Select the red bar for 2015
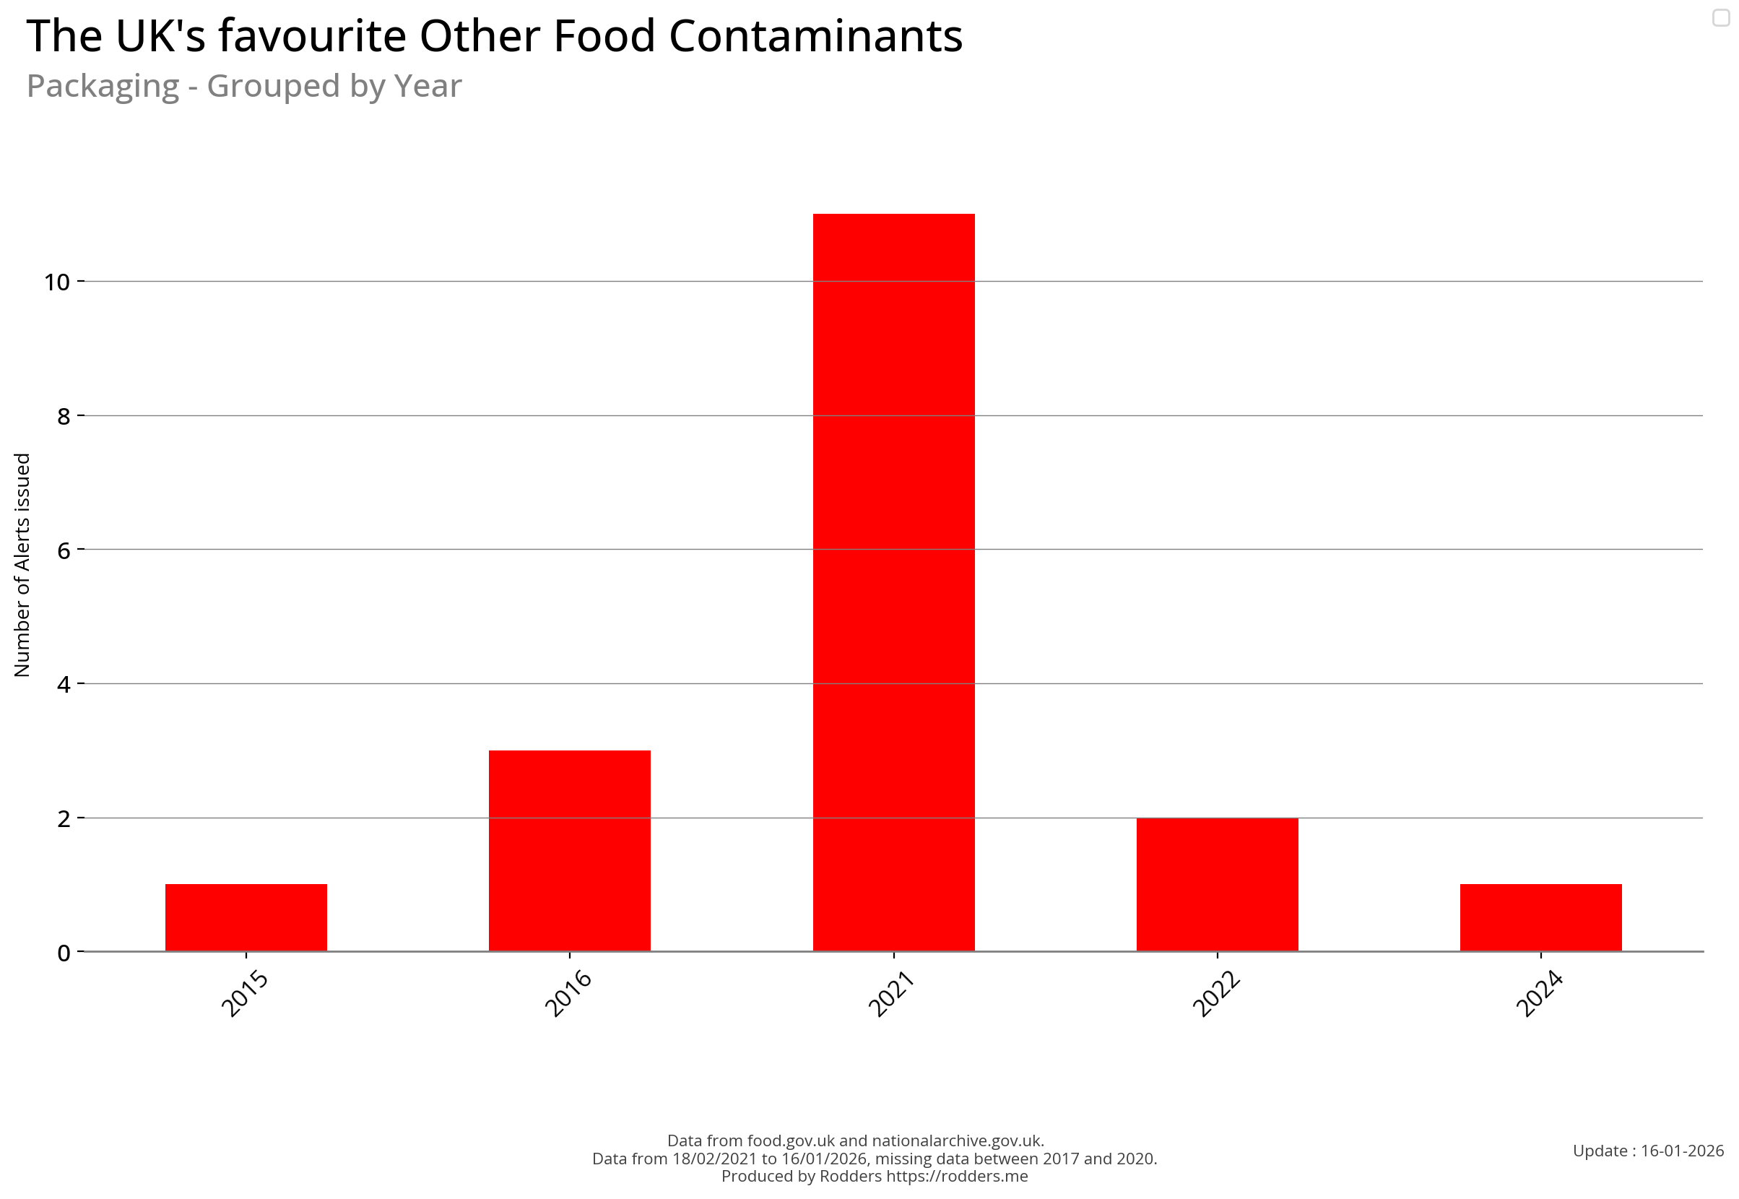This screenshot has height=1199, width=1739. click(x=246, y=917)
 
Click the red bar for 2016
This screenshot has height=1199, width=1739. click(x=569, y=850)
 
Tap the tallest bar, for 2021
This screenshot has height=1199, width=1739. click(x=893, y=582)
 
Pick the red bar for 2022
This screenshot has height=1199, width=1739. click(x=1217, y=884)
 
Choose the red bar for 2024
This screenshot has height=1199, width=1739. click(x=1540, y=917)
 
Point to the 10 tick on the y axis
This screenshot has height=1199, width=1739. click(x=56, y=282)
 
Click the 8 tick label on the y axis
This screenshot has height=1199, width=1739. click(x=63, y=416)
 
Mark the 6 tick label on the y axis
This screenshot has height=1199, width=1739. click(x=63, y=550)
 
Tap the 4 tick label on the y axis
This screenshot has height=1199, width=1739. click(x=63, y=685)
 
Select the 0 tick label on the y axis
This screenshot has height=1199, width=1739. click(x=63, y=953)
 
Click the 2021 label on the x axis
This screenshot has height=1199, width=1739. click(x=891, y=994)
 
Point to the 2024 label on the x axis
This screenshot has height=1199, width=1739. click(x=1539, y=994)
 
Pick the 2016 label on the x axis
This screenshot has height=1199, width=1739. click(x=568, y=994)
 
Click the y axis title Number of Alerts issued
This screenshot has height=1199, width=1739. click(x=22, y=565)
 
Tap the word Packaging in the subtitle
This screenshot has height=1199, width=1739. click(x=103, y=86)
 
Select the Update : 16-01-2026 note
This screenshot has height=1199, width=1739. click(x=1648, y=1151)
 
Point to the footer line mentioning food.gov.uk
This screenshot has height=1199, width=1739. click(x=856, y=1140)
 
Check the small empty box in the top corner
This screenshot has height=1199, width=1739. click(x=1721, y=17)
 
